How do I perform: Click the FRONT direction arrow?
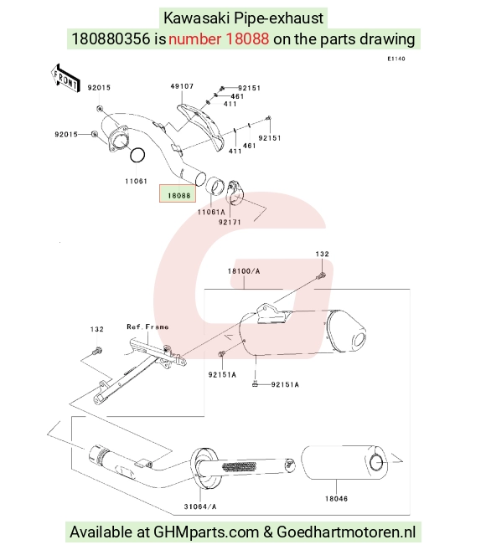tap(65, 79)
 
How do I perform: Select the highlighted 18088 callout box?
tap(178, 193)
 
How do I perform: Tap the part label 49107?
tap(182, 86)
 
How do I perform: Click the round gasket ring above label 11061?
tap(137, 155)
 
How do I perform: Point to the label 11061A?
tap(211, 212)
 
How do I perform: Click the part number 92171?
tap(230, 222)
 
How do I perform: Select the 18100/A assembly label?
tap(244, 271)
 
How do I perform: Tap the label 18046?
tap(336, 498)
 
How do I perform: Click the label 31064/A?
tap(200, 506)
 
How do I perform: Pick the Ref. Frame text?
tap(147, 327)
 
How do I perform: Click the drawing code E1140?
tap(396, 59)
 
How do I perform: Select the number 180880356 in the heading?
tap(111, 39)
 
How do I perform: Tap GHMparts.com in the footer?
tap(206, 532)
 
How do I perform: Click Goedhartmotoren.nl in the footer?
tap(346, 532)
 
